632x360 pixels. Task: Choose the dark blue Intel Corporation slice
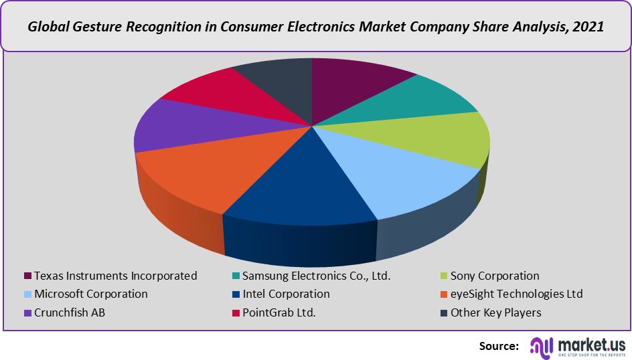(301, 187)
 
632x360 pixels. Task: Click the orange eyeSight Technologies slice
(201, 174)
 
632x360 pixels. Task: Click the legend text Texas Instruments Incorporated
(116, 276)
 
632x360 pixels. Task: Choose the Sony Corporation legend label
(495, 276)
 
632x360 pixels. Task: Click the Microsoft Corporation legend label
(91, 294)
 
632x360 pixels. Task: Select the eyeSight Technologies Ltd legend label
(517, 294)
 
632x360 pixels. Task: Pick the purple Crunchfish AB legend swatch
(27, 312)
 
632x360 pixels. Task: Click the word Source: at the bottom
(499, 346)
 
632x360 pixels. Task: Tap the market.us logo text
(588, 343)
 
